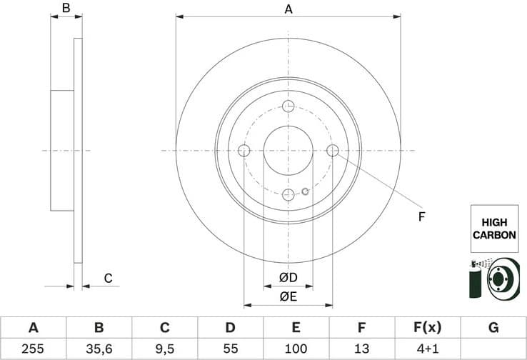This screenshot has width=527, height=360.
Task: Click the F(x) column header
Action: (427, 328)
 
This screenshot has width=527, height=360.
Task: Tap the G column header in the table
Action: (493, 328)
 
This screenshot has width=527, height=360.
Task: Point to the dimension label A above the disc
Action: (288, 9)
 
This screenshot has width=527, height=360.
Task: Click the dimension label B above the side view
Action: (66, 9)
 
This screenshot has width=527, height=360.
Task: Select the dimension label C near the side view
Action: (108, 279)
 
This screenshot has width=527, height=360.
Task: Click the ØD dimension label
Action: (288, 277)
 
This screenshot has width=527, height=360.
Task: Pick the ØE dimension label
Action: (288, 296)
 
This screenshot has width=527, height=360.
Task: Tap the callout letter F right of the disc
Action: (421, 216)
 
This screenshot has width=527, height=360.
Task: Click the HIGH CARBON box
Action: (493, 229)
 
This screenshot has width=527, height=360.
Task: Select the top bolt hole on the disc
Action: (288, 106)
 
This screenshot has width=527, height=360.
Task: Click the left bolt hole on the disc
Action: (244, 151)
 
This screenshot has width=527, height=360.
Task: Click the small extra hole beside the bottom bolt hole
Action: (305, 191)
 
